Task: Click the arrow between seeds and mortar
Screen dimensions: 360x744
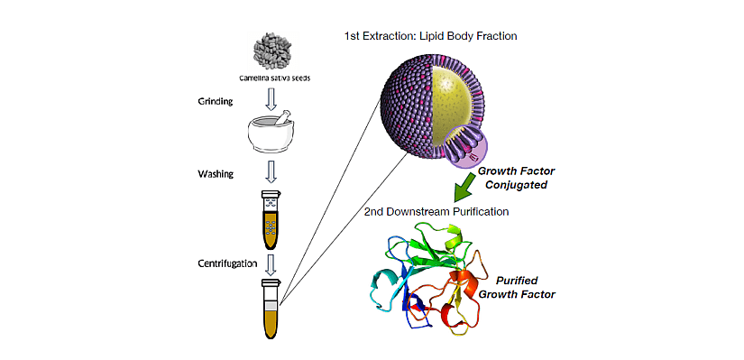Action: [x=270, y=96]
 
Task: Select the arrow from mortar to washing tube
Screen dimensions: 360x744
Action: [x=270, y=171]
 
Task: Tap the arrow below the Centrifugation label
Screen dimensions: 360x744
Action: [x=270, y=264]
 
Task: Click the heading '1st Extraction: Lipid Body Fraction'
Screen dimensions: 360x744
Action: [x=430, y=36]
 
